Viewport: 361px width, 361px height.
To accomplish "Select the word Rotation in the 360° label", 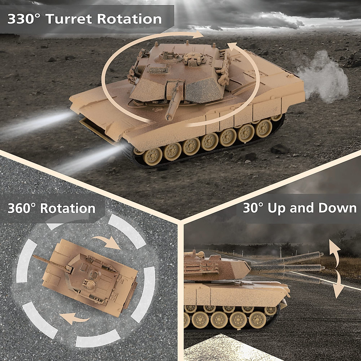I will [68, 208].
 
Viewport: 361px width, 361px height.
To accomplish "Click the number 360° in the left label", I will [22, 208].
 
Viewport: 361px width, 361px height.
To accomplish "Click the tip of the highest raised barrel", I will [321, 255].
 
